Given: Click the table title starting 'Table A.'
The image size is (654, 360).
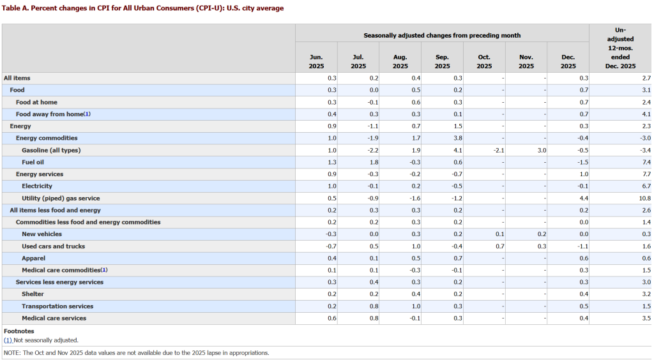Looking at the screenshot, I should click(x=144, y=8).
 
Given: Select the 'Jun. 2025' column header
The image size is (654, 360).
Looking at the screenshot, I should click(x=316, y=61).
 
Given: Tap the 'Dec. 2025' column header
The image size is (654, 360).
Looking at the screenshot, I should click(x=568, y=61).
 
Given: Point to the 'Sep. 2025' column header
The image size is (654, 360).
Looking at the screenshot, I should click(x=442, y=61).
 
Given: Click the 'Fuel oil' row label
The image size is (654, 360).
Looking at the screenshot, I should click(x=33, y=162).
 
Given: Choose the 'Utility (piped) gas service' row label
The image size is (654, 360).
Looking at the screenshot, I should click(x=61, y=198).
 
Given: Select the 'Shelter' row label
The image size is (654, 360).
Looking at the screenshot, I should click(x=33, y=294).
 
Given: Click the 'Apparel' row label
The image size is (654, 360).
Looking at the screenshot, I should click(x=33, y=258).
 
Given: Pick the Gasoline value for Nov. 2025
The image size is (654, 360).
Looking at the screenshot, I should click(x=542, y=150).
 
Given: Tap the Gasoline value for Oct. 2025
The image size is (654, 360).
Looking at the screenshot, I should click(x=499, y=150).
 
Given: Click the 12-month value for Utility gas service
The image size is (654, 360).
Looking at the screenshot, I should click(x=645, y=198).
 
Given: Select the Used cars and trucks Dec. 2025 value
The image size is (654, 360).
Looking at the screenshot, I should click(x=583, y=246).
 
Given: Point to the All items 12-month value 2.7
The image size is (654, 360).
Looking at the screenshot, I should click(x=646, y=78).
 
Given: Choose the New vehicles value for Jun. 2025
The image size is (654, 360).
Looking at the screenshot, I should click(x=331, y=234).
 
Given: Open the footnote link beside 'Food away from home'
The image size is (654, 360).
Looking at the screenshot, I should click(x=87, y=114).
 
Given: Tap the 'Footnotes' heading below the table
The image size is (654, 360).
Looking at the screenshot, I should click(x=19, y=331).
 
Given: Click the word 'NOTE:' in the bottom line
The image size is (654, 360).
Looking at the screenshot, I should click(x=12, y=352).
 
